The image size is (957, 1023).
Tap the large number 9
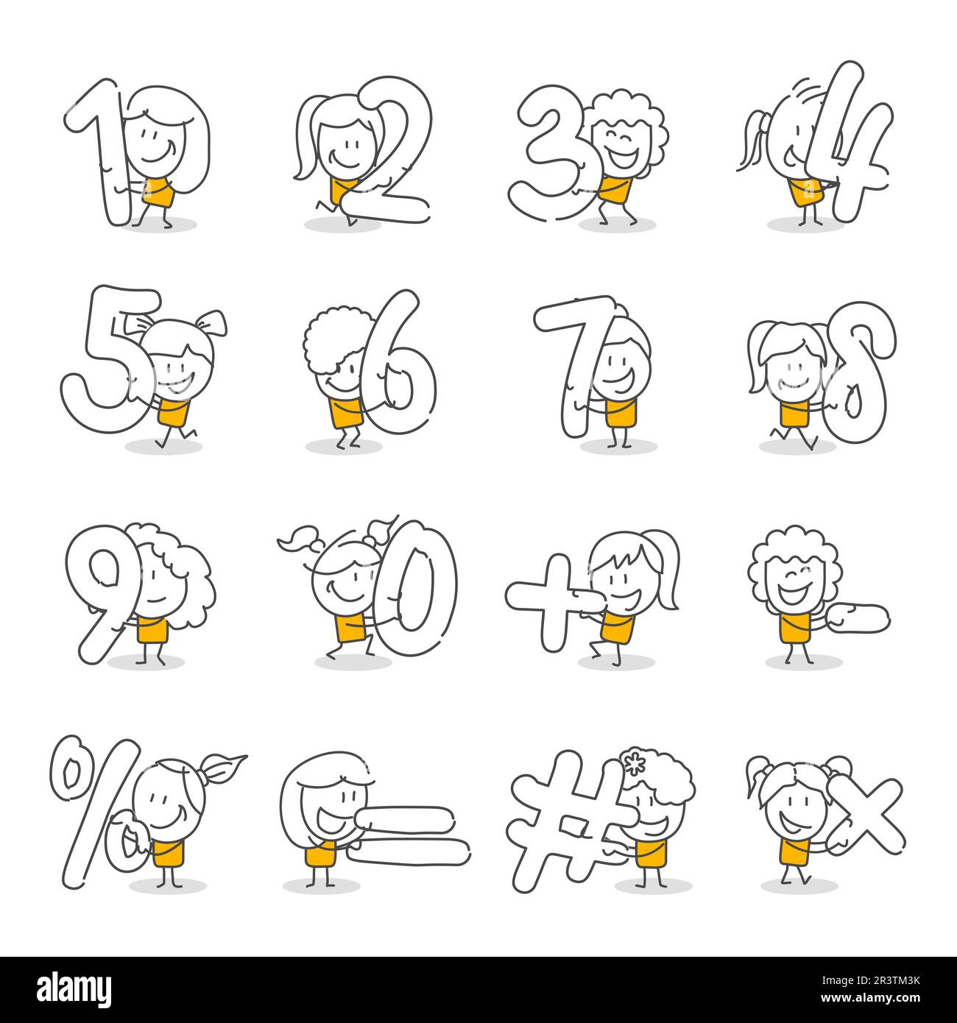pyautogui.click(x=103, y=589)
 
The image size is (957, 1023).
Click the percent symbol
pyautogui.click(x=96, y=810)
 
